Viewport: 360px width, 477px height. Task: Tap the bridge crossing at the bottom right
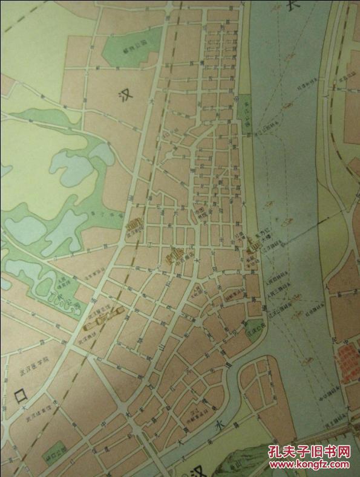click(x=330, y=432)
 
